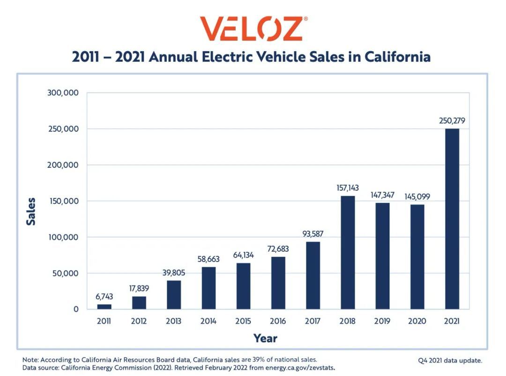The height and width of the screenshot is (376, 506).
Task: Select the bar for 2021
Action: [x=452, y=218]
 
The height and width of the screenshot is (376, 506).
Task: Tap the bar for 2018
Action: [x=348, y=252]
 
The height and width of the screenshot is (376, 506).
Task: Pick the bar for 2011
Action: [x=104, y=307]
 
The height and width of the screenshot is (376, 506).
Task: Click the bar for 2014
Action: [x=208, y=288]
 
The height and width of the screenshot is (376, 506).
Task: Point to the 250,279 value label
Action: [x=452, y=121]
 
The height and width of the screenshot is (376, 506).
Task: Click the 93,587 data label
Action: [x=313, y=233]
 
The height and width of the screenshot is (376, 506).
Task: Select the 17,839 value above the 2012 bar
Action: [x=139, y=288]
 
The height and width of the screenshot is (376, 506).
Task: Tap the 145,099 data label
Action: [x=417, y=196]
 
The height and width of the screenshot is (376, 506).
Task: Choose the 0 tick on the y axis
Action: [x=75, y=309]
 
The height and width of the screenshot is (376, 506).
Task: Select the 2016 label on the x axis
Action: [x=278, y=321]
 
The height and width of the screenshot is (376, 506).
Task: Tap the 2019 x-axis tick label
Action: [x=382, y=321]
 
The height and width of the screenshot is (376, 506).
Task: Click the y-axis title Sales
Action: [x=31, y=211]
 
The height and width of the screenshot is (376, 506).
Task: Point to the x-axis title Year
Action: [x=265, y=338]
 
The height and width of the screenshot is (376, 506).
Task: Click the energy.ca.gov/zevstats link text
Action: [x=300, y=368]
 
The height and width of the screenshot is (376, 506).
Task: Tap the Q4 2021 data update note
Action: [x=450, y=361]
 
